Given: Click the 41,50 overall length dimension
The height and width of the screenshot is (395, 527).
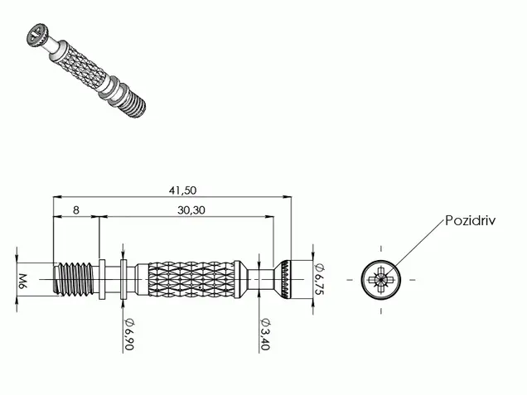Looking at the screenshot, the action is point(182,190).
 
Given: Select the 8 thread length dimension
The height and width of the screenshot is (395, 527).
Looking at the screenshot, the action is point(76,210).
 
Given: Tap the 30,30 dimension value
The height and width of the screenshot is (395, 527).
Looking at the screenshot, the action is point(191,210).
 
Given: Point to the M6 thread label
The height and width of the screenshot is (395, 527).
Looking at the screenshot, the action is point(22,282).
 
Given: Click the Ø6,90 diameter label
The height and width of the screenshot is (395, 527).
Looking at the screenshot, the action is point(129,335).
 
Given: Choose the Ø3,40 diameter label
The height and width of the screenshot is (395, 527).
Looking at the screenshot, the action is point(265,334).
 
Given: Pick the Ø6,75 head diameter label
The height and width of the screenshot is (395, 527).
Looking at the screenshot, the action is point(319,279).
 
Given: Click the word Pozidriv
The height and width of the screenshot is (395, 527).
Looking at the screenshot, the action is point(470,220).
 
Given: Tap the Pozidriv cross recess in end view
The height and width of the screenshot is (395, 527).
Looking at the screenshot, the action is point(381,279).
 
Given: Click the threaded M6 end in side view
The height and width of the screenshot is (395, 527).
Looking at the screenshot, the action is point(73,279).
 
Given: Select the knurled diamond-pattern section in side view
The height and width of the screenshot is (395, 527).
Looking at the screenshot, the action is point(191,279).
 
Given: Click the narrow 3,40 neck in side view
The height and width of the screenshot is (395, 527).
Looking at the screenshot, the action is point(260,279).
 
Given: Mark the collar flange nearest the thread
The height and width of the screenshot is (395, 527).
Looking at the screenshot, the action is point(101,279).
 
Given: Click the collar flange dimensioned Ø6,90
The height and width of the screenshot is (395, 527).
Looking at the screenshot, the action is point(123,279).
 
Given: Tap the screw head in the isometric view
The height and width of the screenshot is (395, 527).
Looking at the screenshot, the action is point(37,35).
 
